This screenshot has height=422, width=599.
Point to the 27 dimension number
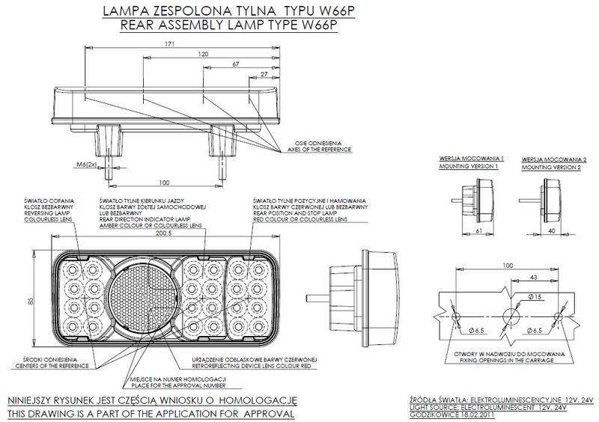tap(264, 75)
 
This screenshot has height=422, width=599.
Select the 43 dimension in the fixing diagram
tap(532, 278)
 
